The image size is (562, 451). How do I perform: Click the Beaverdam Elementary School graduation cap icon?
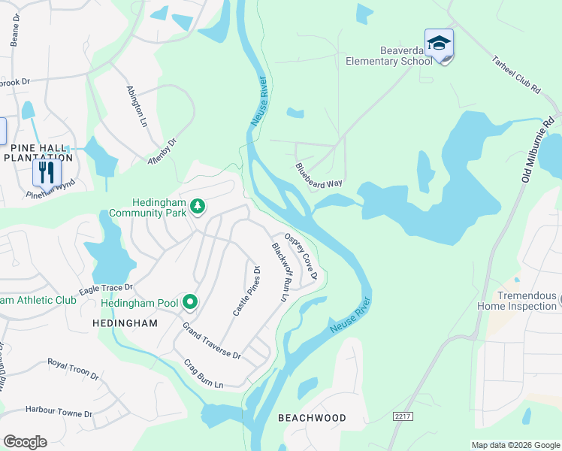coord(439,44)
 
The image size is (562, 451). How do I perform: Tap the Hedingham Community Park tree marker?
coord(198,206)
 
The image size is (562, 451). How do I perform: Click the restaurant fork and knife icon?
coord(46,173)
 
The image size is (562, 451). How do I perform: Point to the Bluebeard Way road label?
coord(319,175)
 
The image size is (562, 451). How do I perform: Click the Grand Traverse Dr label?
coord(211,341)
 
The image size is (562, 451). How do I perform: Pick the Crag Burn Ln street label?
coord(204,374)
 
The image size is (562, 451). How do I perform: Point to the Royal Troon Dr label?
coord(74,368)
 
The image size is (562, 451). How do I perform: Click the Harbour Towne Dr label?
coord(59,413)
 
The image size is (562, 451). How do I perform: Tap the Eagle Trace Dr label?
coord(106,290)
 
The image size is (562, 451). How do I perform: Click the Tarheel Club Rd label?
coord(515,75)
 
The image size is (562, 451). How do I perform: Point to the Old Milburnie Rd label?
coord(537,150)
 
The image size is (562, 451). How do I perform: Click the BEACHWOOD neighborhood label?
coord(312,418)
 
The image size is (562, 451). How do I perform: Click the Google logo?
coord(25,441)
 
